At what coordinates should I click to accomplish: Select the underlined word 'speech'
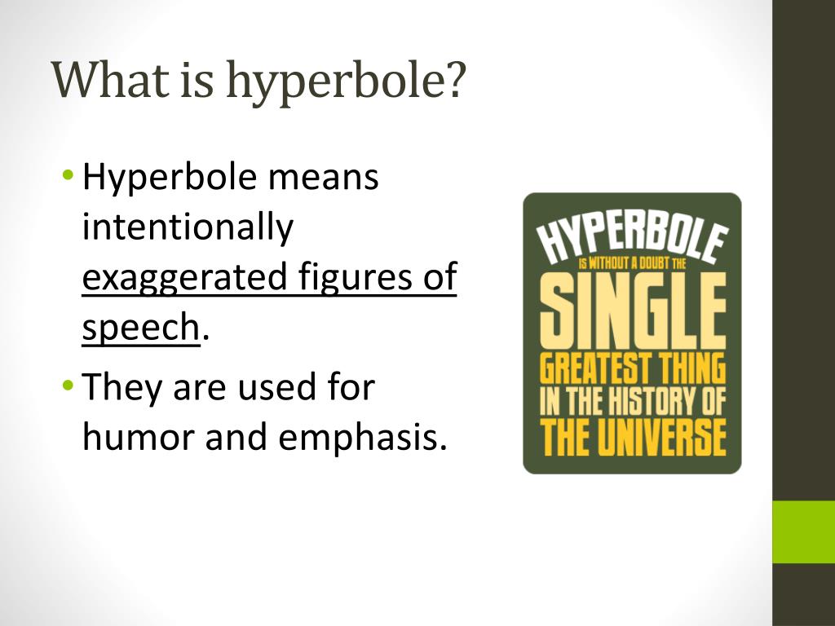click(140, 328)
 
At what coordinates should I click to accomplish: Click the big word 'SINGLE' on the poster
click(632, 311)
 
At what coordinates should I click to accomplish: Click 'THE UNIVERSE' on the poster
click(632, 437)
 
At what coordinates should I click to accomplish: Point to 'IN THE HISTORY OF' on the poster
click(632, 403)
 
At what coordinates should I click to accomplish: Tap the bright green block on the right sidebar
click(803, 531)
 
